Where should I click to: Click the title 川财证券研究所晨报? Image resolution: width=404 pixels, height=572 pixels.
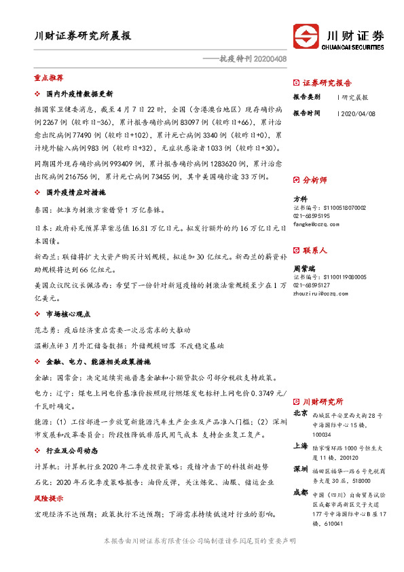83,36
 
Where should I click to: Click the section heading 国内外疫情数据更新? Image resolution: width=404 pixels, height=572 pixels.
79,94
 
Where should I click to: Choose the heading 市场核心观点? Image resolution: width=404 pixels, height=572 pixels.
68,315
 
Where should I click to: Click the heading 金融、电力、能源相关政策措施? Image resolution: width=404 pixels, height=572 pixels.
98,361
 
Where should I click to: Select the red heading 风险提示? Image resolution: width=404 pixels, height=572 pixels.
48,499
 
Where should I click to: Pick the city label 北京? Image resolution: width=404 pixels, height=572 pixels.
300,413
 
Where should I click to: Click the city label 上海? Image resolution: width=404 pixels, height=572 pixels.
300,446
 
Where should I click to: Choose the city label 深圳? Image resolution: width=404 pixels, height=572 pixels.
300,470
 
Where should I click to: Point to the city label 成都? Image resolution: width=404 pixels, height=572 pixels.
300,493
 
